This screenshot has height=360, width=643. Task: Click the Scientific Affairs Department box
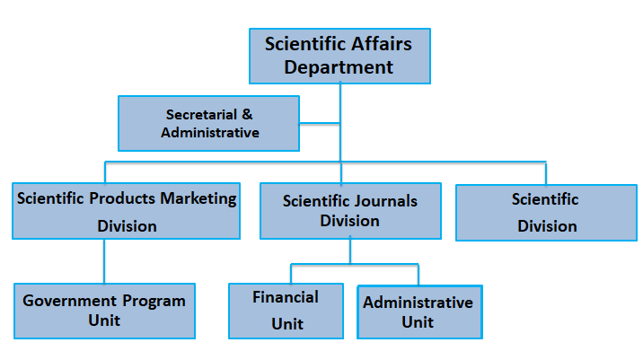pos(339,57)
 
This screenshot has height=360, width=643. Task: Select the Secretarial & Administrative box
pos(208,123)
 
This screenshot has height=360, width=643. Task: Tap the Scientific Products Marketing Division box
pos(127,211)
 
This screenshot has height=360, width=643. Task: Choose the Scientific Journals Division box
pos(350,211)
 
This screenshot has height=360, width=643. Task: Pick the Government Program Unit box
pos(104,311)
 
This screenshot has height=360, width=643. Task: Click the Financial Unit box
pos(286,311)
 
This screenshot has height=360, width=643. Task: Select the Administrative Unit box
pos(419,312)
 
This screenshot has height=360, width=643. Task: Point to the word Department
pos(339,68)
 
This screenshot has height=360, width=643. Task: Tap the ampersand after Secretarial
pos(247,114)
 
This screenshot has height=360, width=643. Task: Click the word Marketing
pos(198,199)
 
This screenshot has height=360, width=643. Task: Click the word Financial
pos(286,297)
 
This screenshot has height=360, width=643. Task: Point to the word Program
pos(154,302)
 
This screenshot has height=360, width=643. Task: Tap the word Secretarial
pos(201,114)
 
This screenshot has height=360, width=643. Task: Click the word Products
pos(122,198)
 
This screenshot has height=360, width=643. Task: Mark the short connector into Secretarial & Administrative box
pos(320,123)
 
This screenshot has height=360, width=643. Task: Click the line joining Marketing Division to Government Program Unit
pos(104,261)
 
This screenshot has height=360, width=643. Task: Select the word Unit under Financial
pos(287,324)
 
